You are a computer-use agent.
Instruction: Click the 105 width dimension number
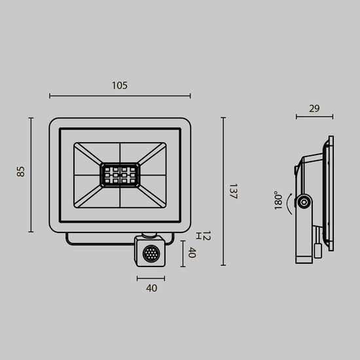click(x=119, y=86)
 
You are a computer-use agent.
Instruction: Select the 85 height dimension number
click(x=21, y=172)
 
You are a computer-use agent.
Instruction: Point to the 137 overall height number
click(x=233, y=191)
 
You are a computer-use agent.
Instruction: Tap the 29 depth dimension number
click(x=314, y=109)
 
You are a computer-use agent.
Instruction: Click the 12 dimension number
click(x=206, y=236)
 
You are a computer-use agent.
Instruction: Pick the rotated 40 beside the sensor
click(x=192, y=253)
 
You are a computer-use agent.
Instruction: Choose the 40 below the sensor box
click(x=151, y=287)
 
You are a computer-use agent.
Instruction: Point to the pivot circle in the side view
click(x=302, y=204)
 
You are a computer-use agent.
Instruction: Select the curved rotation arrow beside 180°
click(x=291, y=204)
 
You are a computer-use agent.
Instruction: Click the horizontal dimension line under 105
click(x=119, y=96)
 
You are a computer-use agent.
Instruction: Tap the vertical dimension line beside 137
click(x=223, y=191)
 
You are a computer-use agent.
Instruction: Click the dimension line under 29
click(x=314, y=118)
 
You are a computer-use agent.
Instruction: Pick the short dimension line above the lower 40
click(x=151, y=278)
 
